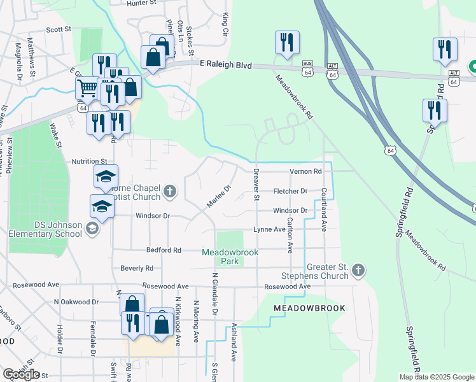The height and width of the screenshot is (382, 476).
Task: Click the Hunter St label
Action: click(141, 3)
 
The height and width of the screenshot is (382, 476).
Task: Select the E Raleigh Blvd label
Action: click(226, 66)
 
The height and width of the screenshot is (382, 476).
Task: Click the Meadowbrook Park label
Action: click(230, 257)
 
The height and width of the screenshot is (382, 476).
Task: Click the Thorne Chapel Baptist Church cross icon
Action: click(169, 190)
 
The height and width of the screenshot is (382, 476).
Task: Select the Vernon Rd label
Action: click(305, 171)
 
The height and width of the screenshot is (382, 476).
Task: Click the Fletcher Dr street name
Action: click(290, 191)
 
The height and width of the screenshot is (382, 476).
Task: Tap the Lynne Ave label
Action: click(269, 229)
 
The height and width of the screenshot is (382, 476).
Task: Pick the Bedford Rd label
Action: click(164, 250)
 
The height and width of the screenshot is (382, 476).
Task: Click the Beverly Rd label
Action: click(136, 268)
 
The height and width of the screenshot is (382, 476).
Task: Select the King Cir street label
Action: click(225, 22)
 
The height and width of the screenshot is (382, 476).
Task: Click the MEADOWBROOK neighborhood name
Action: click(309, 308)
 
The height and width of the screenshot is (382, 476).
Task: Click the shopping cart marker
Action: click(87, 87)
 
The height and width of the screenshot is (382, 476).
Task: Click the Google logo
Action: click(21, 374)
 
